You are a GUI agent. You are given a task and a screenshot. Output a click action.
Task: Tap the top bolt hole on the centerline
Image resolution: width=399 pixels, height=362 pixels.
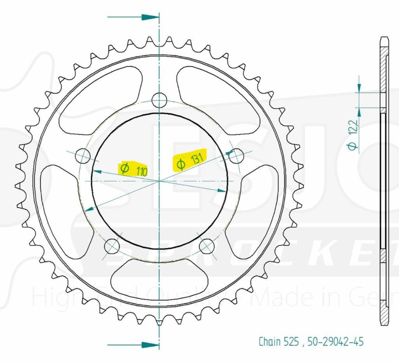pyautogui.click(x=159, y=100)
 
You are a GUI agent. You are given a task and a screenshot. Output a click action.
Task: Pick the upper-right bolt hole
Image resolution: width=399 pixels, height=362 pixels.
pyautogui.click(x=236, y=156)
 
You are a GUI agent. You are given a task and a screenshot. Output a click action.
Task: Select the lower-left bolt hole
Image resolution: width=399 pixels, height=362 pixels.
pyautogui.click(x=112, y=245)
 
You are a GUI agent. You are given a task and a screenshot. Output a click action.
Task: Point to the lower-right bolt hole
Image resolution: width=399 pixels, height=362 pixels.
pyautogui.click(x=207, y=245)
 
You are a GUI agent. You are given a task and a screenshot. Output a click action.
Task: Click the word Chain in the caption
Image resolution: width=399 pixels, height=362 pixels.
pyautogui.click(x=270, y=342)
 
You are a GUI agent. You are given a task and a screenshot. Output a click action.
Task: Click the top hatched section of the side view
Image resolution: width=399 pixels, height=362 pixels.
pyautogui.click(x=384, y=74)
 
